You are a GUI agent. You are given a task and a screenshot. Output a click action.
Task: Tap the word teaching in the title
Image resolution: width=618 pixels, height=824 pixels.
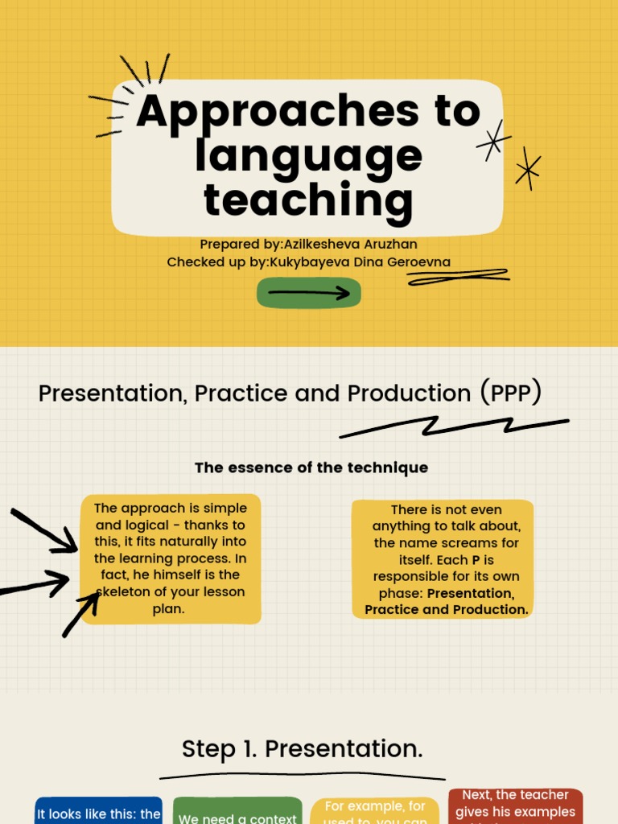(x=308, y=200)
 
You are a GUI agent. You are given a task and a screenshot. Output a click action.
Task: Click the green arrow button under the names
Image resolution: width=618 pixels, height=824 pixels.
(x=308, y=293)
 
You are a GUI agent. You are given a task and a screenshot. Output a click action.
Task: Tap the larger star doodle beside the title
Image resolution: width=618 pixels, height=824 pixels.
(x=493, y=140)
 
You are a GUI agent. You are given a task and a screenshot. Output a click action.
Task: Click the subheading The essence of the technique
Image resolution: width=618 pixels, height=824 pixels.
(x=311, y=468)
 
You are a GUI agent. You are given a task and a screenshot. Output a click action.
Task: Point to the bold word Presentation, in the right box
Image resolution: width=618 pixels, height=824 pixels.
(x=470, y=593)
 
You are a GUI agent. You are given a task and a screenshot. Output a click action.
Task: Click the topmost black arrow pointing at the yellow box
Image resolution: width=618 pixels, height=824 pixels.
(x=44, y=530)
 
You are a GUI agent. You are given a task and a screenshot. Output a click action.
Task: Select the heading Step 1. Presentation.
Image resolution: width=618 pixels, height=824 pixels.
(x=303, y=749)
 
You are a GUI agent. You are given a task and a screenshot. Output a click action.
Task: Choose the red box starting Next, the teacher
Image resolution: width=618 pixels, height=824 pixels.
(x=515, y=805)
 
